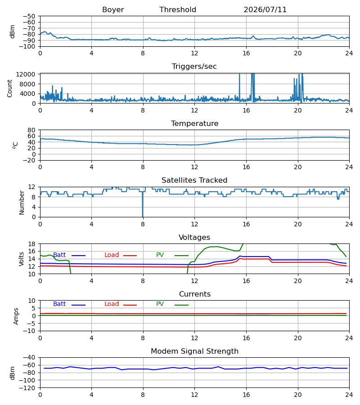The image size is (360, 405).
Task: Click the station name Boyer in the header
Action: coord(113,10)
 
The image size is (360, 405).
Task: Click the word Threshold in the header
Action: coord(178,10)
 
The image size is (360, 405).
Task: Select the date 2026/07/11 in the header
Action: coord(265,10)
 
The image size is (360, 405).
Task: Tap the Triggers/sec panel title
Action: coord(194,67)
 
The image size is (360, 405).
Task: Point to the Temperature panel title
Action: coord(194,123)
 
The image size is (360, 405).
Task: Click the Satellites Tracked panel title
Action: coord(194,180)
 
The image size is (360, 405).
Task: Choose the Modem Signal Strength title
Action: coord(194,351)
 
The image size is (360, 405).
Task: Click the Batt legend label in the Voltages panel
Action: coord(59,255)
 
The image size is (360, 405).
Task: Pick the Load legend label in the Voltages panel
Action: coord(112,255)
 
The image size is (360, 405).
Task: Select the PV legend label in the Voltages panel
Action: coord(160,255)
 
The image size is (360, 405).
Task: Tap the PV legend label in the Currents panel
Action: coord(160,304)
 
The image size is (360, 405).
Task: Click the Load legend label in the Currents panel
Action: coord(112,304)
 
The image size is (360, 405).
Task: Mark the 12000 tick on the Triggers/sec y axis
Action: coord(26,74)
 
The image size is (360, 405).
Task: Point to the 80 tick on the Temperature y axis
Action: coord(31,130)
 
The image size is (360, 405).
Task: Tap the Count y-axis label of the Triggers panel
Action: coord(10,88)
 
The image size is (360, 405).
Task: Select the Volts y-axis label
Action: coord(21,259)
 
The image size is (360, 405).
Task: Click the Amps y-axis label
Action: coord(16,316)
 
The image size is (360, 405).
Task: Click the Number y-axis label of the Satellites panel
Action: coord(22,203)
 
